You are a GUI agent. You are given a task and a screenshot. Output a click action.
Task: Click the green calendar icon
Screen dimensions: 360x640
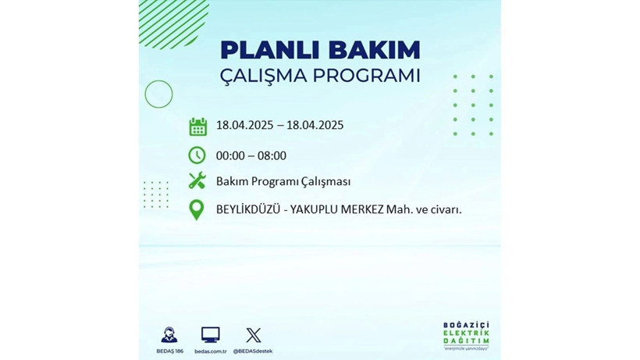[x=197, y=126]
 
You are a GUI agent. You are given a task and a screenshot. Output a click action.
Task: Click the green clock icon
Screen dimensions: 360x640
[x=197, y=155]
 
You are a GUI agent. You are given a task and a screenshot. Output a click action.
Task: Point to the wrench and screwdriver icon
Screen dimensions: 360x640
[x=197, y=181]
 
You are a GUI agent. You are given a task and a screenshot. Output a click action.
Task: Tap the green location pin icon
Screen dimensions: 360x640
[x=197, y=209]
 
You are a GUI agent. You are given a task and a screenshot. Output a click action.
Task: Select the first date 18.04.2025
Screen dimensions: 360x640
[x=245, y=126]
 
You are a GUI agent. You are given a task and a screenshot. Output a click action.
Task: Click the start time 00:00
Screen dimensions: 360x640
[x=231, y=155]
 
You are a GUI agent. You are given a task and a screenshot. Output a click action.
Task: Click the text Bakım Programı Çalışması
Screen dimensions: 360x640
[x=283, y=181]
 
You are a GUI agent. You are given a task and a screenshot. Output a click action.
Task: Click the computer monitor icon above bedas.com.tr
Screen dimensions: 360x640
[x=210, y=335]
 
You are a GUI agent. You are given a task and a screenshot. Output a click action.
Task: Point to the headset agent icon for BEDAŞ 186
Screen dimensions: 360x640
[x=169, y=335]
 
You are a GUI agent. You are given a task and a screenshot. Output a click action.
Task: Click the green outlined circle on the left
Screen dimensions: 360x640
[x=158, y=94]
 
